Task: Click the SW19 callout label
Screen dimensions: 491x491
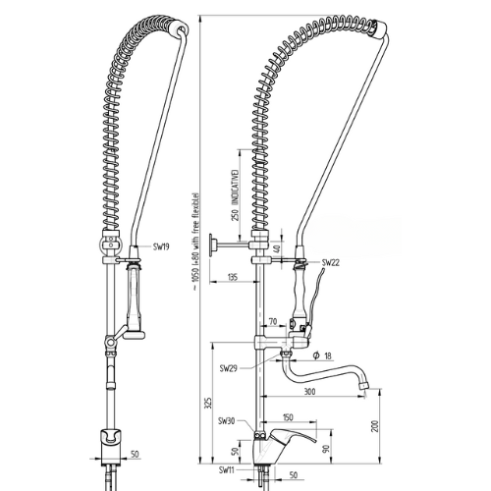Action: coord(161,246)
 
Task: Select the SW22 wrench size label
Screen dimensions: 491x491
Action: coord(331,262)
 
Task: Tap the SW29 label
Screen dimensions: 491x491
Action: coord(228,369)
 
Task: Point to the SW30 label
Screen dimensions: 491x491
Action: coord(227,421)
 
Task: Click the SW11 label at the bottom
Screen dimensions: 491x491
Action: coord(227,470)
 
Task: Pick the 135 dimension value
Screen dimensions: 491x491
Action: coord(232,277)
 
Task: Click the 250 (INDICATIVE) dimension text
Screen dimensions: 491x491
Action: coord(235,195)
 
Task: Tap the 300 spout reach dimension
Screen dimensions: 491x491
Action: coord(310,391)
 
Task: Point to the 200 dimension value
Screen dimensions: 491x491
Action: coord(375,426)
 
